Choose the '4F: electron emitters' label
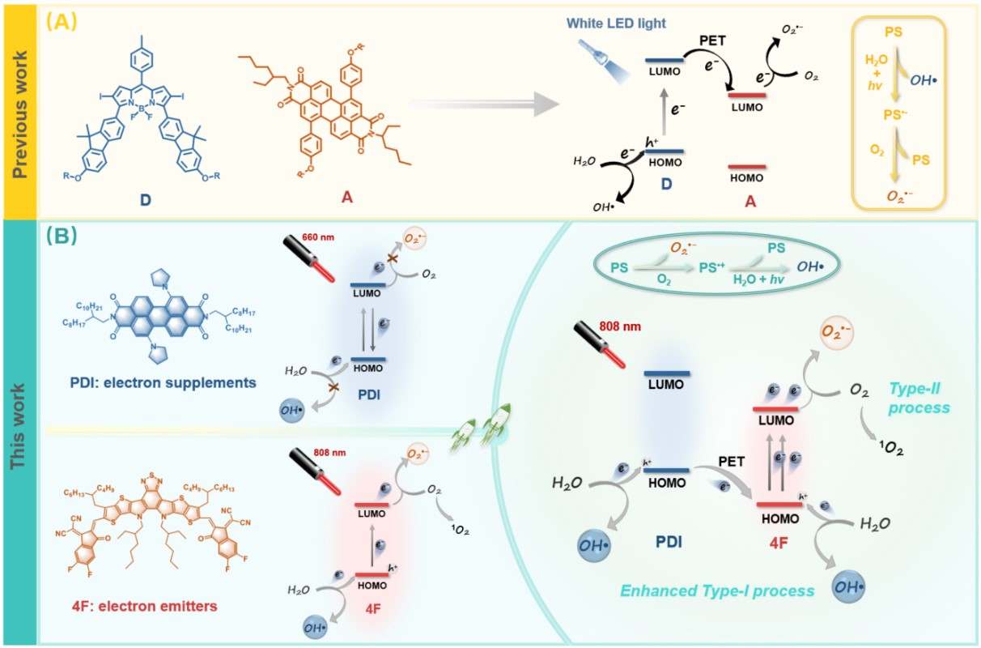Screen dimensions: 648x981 coord(119,603)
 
